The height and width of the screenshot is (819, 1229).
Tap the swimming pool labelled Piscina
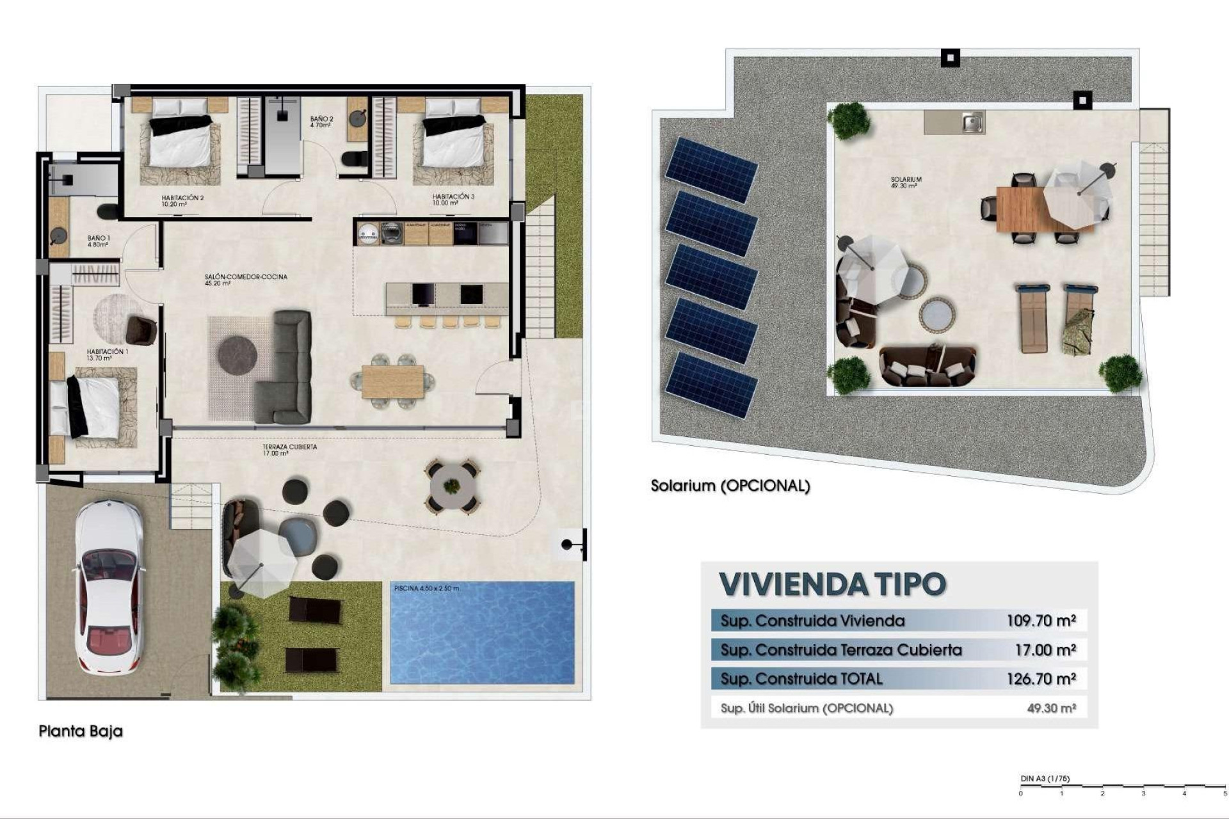(x=482, y=633)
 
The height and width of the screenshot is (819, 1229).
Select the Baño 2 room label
(x=321, y=122)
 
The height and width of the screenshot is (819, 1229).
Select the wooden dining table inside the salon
(x=392, y=381)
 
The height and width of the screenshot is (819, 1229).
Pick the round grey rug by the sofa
(x=237, y=354)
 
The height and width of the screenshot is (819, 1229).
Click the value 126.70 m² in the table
(x=1041, y=679)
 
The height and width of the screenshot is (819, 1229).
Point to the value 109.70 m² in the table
(x=1041, y=620)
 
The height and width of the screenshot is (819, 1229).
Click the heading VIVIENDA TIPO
(x=832, y=584)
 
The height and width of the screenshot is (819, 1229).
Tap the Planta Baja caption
(x=81, y=731)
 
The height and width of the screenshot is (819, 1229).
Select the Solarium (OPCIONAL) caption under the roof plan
(x=730, y=486)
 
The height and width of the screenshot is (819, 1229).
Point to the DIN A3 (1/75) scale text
(x=1045, y=779)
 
